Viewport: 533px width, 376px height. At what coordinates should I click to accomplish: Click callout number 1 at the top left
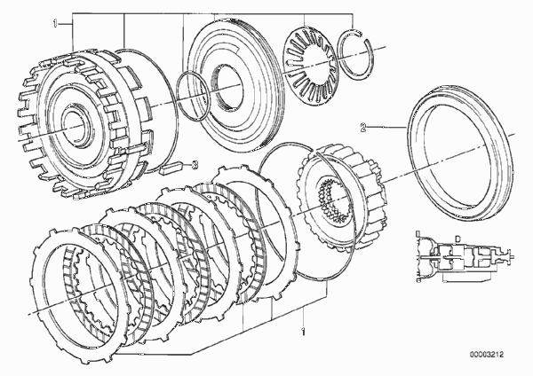[x=55, y=24]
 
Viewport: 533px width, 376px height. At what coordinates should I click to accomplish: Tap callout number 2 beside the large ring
[x=363, y=128]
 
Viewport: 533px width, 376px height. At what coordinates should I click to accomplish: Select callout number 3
[x=194, y=165]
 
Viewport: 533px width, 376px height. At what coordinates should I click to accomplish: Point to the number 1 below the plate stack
[x=303, y=332]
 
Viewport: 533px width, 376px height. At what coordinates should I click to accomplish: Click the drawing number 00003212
[x=487, y=355]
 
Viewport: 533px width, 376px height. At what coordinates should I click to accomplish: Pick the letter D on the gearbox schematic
[x=457, y=239]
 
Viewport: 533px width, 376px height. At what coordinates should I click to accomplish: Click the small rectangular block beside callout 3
[x=171, y=168]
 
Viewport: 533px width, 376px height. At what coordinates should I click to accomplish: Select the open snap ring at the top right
[x=356, y=56]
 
